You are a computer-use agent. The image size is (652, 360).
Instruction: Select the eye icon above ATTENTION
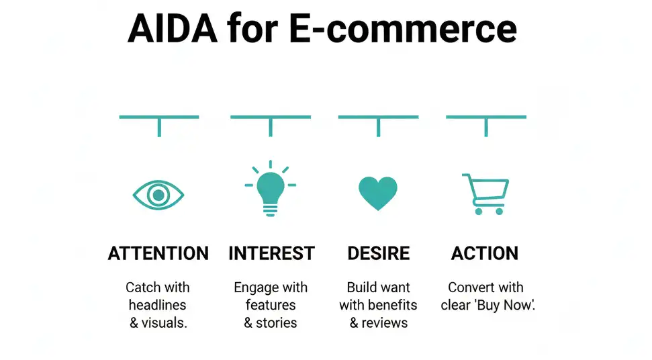158,195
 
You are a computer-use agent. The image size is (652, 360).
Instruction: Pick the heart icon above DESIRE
378,193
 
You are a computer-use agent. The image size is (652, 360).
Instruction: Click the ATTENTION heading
158,253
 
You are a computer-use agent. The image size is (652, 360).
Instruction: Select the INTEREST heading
271,253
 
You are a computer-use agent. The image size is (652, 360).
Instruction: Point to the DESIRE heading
378,253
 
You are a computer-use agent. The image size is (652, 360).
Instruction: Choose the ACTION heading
485,253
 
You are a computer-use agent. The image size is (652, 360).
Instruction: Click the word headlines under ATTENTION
158,305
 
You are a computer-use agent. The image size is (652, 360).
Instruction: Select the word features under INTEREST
271,305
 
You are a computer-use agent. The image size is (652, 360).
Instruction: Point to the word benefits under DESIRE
392,305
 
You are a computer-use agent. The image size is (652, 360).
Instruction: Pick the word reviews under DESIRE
385,322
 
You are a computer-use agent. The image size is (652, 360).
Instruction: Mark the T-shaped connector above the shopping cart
485,121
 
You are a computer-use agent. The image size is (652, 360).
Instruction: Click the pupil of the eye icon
158,195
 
